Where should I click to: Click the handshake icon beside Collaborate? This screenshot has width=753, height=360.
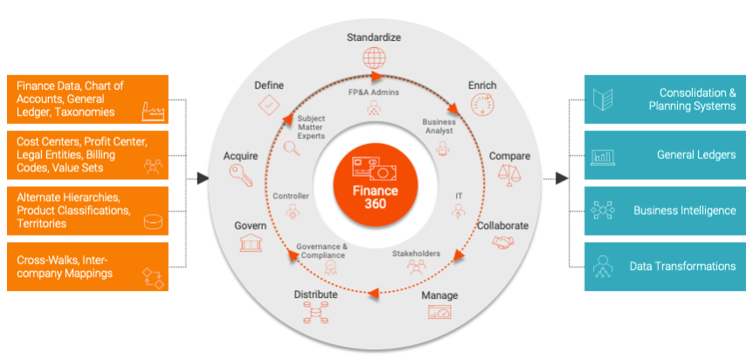click(x=503, y=246)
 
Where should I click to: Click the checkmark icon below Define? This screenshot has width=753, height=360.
click(x=269, y=107)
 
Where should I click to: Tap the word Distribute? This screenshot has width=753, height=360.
click(x=314, y=295)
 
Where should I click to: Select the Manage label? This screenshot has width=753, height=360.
click(x=439, y=295)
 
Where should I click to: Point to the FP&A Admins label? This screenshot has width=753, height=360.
click(x=374, y=91)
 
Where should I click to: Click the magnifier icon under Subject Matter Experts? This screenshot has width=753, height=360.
click(x=293, y=149)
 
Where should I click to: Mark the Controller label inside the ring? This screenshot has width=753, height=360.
click(x=291, y=196)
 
